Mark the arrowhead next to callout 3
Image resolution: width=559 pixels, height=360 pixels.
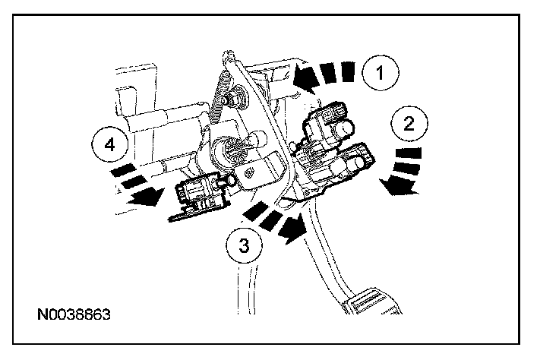coord(293,226)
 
